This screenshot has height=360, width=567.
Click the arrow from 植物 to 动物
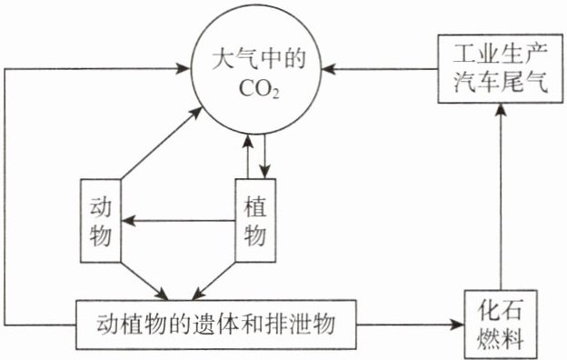178,220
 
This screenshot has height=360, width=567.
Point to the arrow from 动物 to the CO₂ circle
161,143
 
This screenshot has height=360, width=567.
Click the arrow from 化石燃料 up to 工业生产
501,196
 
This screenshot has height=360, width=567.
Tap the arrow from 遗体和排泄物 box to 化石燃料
410,325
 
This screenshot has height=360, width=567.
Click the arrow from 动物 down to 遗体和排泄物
144,281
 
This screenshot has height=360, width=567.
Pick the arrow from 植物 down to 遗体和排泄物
214,281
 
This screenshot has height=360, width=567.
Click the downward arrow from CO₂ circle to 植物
265,157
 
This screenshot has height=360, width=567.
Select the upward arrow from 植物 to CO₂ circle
248,157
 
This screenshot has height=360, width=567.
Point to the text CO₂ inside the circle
259,89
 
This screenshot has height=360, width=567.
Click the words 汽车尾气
501,83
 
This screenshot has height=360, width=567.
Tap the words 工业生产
501,55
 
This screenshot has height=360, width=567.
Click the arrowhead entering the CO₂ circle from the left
183,68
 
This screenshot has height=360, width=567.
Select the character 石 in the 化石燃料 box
512,311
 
